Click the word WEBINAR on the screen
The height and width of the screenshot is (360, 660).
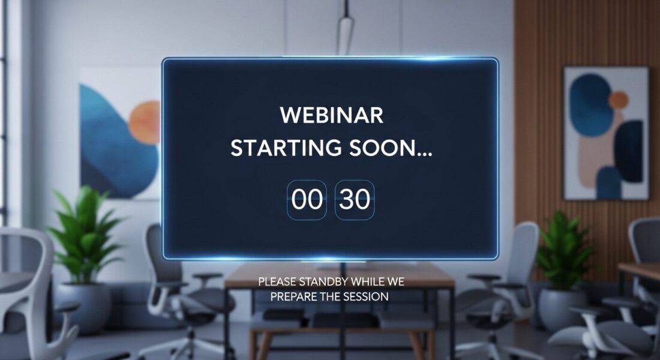(332, 115)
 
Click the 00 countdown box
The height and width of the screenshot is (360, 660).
(307, 200)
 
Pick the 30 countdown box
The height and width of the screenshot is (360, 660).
(355, 200)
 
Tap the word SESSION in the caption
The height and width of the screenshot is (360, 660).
(366, 296)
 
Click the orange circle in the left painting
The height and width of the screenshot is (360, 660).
(145, 123)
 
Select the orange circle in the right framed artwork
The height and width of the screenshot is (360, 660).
(619, 101)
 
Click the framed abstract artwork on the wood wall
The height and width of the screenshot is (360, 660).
(606, 133)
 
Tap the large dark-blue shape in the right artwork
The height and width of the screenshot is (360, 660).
(590, 105)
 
